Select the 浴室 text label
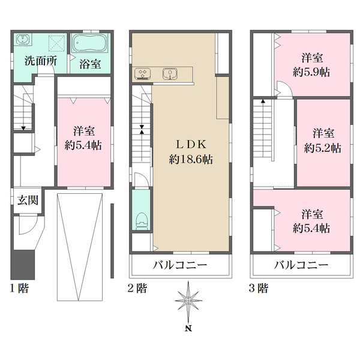(x=89, y=63)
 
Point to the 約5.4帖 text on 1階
(x=83, y=145)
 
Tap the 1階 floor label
(x=19, y=287)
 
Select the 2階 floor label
(x=138, y=287)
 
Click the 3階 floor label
(x=259, y=287)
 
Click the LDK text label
(x=190, y=145)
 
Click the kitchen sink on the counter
(x=170, y=74)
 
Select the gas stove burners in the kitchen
(x=143, y=74)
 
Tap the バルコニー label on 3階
(x=301, y=265)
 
